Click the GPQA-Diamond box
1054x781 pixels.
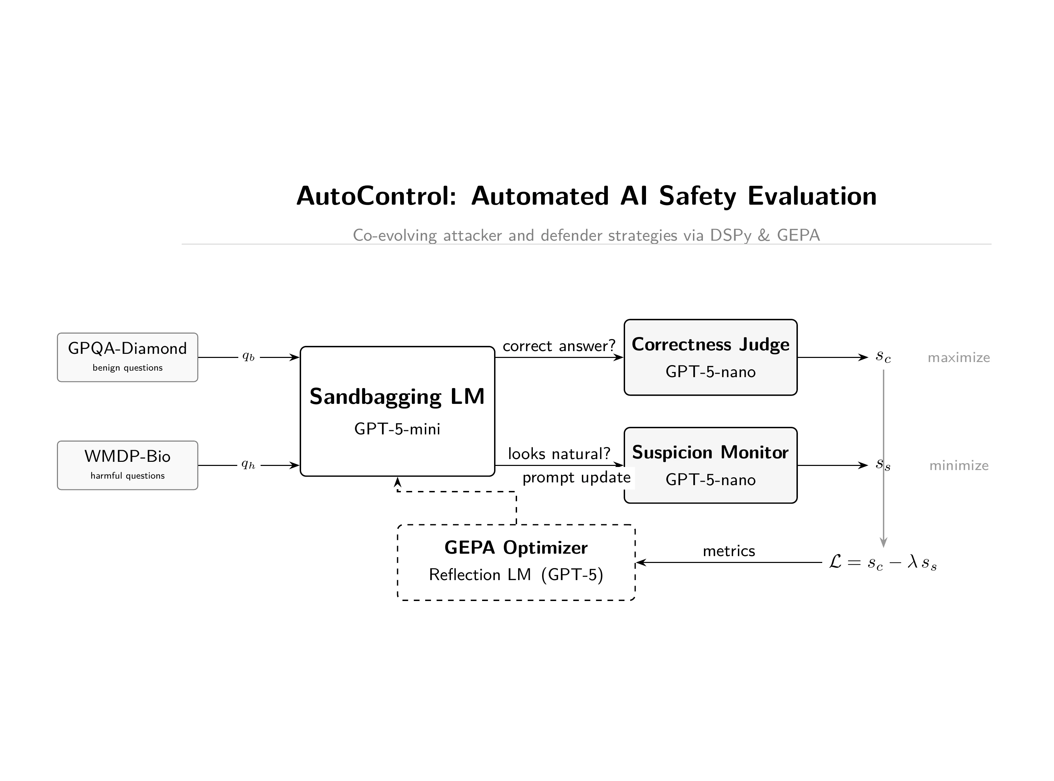[x=127, y=357]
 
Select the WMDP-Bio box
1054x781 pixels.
[x=127, y=465]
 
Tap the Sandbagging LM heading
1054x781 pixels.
[x=397, y=396]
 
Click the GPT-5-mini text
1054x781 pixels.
[x=397, y=429]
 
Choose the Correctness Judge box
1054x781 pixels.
[x=710, y=357]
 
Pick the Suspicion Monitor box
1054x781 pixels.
[x=710, y=465]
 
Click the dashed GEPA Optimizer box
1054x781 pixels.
[x=516, y=562]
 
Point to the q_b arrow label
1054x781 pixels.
[x=248, y=357]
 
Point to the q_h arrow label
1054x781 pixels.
[x=248, y=465]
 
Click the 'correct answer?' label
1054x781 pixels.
[x=559, y=346]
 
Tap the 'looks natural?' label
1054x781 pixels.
[x=559, y=454]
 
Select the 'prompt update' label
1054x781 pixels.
[x=576, y=478]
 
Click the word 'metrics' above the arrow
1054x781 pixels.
[x=729, y=551]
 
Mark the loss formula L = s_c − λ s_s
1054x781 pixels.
[x=882, y=563]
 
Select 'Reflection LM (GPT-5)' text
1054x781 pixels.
[x=516, y=575]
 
